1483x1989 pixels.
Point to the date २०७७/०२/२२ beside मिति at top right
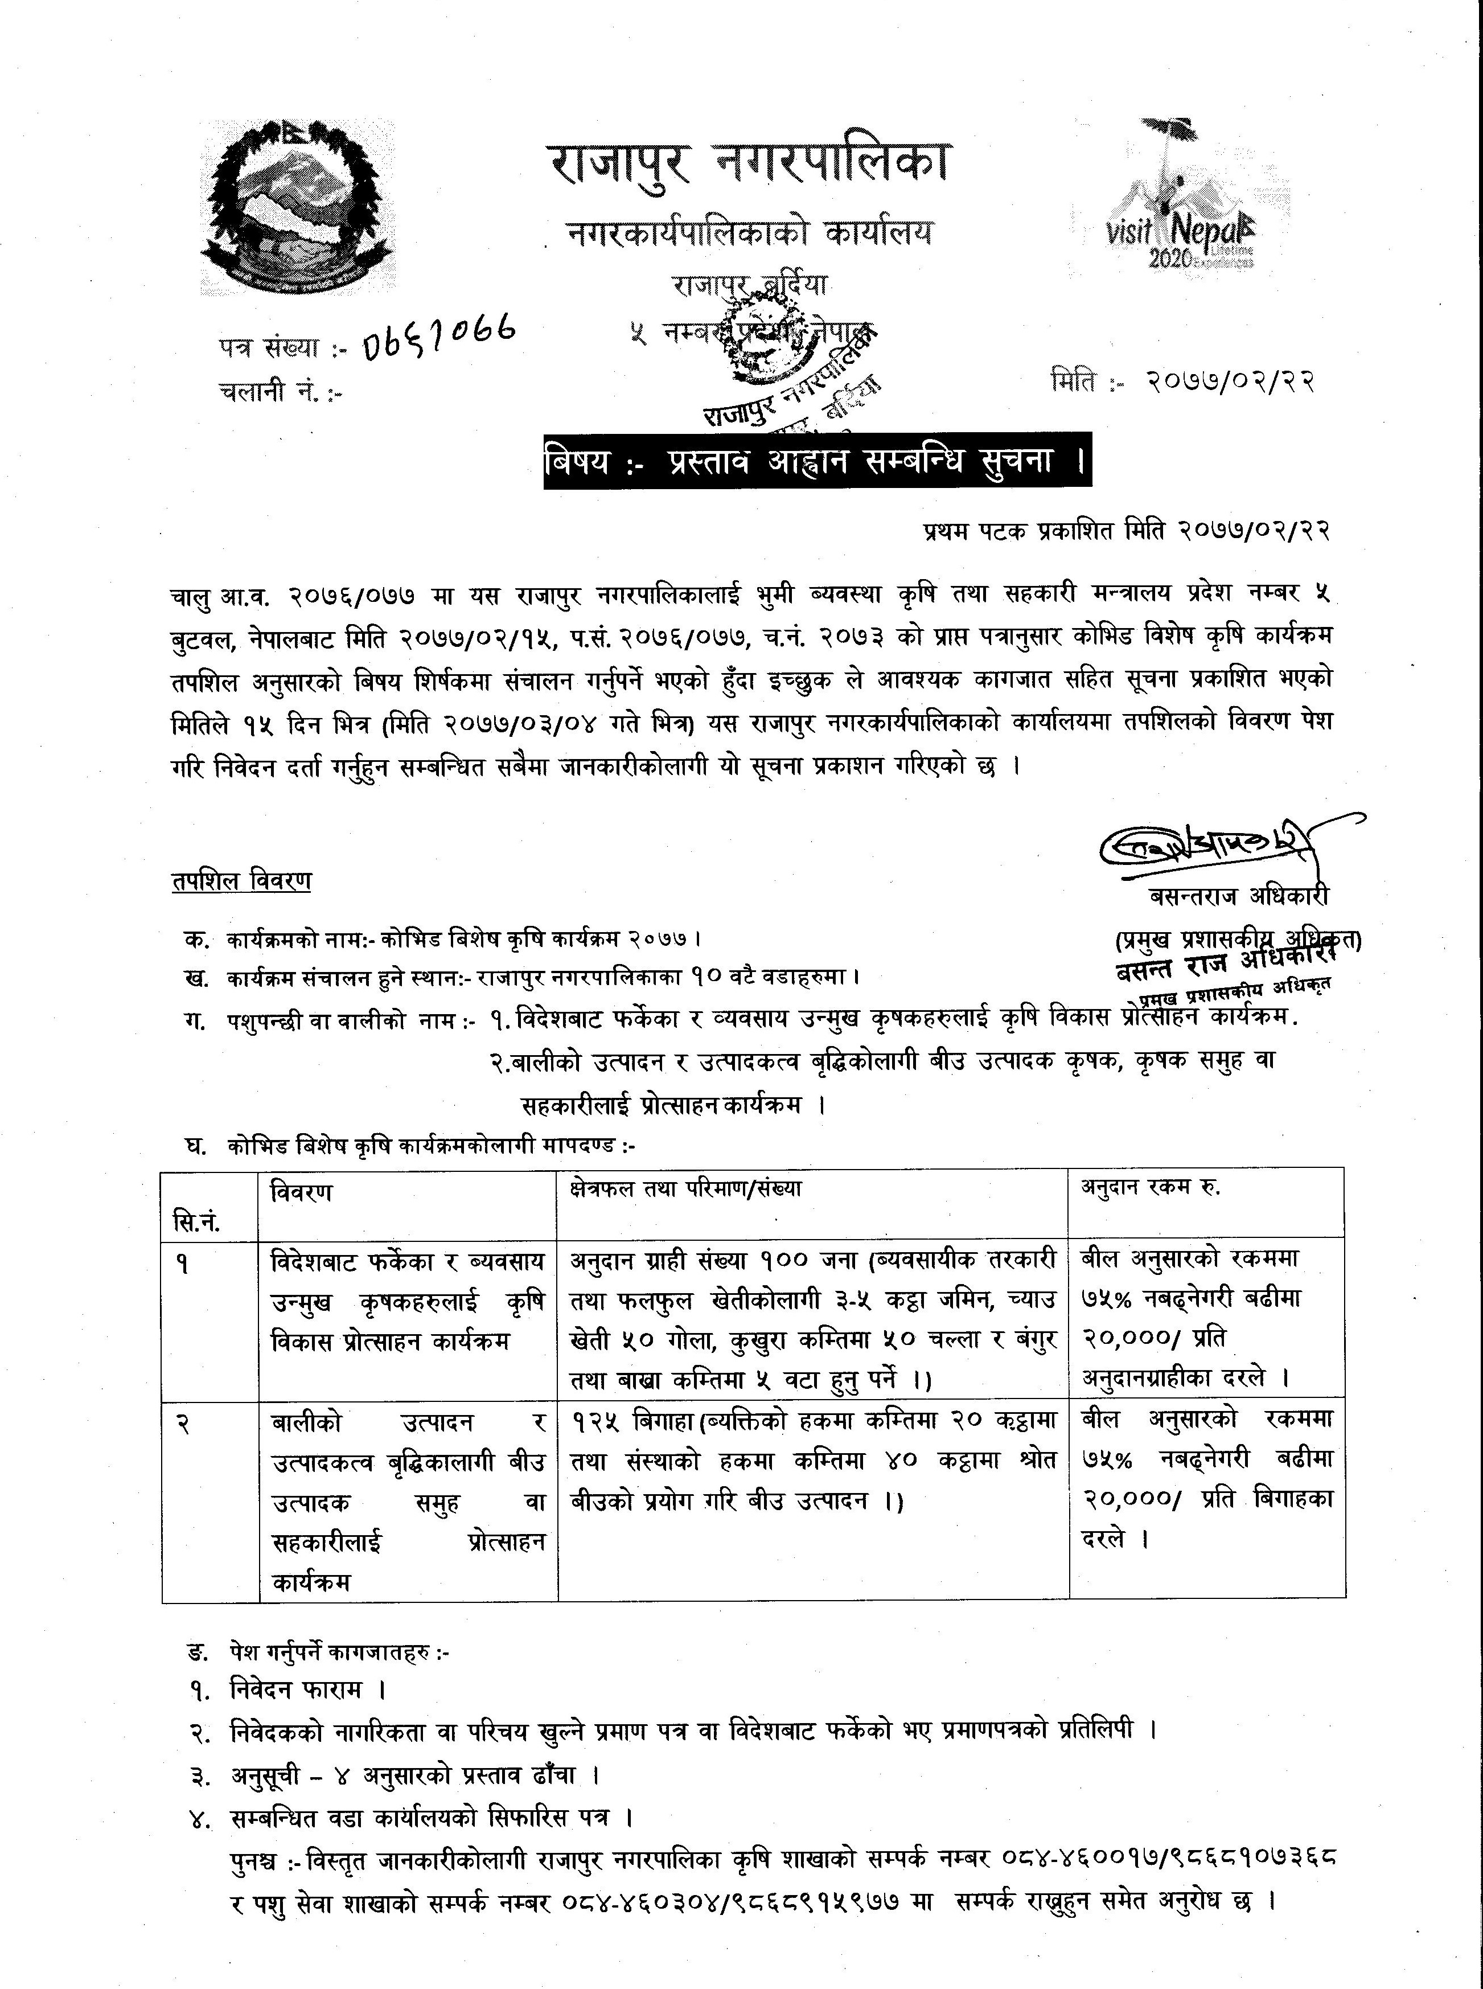1230,382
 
